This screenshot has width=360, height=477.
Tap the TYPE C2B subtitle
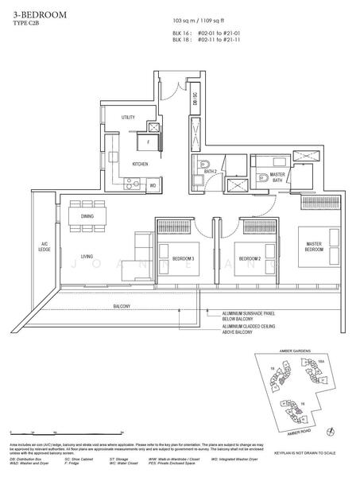pos(30,25)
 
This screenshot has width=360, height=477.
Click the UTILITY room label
pos(128,118)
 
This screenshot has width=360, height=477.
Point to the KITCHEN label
pos(140,164)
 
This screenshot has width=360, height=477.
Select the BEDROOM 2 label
pos(250,258)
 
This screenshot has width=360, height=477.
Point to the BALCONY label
pos(122,306)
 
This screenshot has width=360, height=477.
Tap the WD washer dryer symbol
pos(153,185)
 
